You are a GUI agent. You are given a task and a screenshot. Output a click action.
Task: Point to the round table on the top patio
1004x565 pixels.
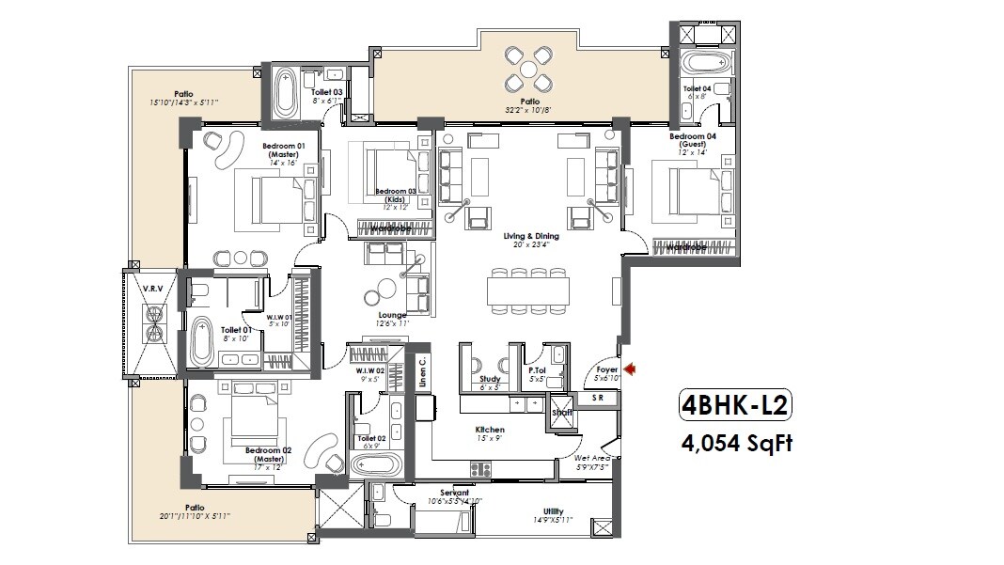pos(529,69)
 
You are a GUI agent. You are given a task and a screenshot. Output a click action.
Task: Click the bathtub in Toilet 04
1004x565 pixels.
pos(704,65)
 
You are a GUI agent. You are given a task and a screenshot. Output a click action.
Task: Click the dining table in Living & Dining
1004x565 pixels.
pos(528,289)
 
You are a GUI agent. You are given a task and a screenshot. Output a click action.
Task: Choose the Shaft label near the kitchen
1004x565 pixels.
pos(562,412)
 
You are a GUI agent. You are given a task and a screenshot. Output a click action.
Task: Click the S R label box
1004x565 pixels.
pos(598,399)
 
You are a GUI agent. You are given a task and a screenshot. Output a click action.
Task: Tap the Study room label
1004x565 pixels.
pos(490,380)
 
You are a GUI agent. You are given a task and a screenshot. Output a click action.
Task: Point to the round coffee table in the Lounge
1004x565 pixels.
pos(385,289)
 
